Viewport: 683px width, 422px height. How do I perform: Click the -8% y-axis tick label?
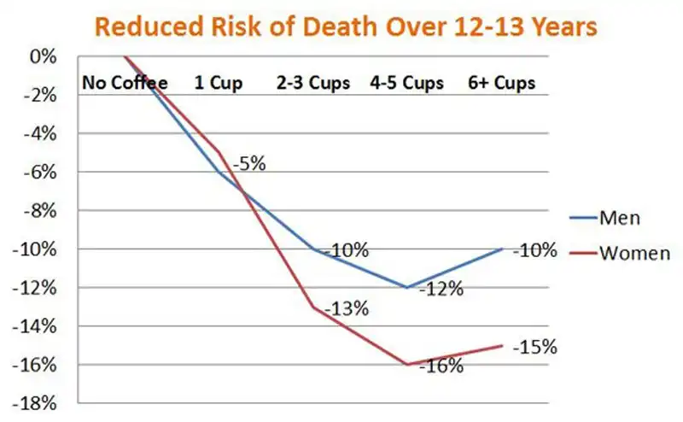42,210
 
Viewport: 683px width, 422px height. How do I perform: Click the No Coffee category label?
125,83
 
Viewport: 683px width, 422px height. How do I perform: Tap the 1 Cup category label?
219,83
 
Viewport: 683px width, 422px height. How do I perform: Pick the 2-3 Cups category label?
313,83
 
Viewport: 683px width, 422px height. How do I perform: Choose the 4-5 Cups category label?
408,83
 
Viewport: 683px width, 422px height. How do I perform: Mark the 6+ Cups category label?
502,83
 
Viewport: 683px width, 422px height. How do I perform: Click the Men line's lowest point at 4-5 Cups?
408,288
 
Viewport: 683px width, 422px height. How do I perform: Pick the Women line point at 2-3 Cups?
313,307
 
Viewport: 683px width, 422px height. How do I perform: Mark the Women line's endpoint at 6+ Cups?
502,345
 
